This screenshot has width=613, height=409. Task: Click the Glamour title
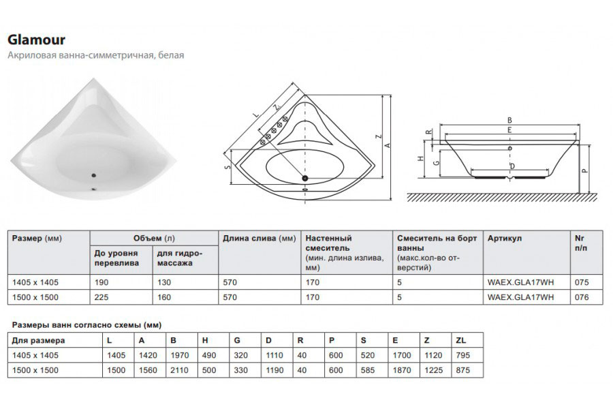click(x=36, y=40)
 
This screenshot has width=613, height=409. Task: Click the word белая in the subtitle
click(x=171, y=55)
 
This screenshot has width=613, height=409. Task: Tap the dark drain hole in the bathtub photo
click(x=93, y=175)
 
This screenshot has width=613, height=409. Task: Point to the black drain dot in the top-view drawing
click(x=305, y=178)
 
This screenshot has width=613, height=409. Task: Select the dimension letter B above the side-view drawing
click(x=509, y=121)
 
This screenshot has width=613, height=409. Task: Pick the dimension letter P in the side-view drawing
click(x=584, y=170)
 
